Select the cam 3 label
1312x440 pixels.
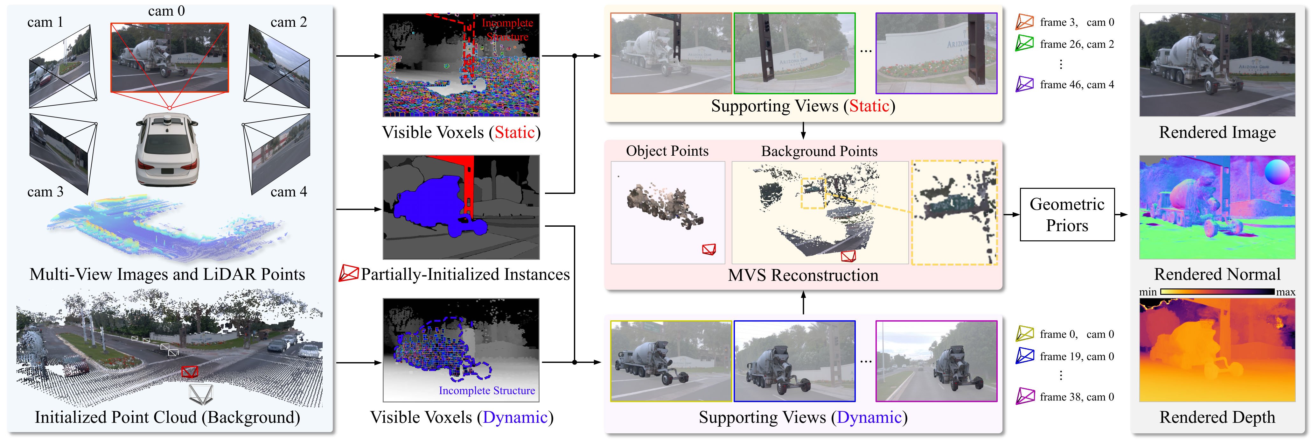coord(45,192)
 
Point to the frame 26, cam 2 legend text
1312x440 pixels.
coord(1077,44)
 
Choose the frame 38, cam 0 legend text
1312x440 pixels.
coord(1077,397)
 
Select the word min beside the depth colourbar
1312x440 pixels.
coord(1148,292)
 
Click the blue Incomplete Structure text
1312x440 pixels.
coord(486,391)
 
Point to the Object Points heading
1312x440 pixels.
coord(667,151)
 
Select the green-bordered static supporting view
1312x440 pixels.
coord(794,53)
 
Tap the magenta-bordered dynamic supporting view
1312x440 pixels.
coord(936,361)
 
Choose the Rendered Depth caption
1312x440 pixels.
coord(1217,417)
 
